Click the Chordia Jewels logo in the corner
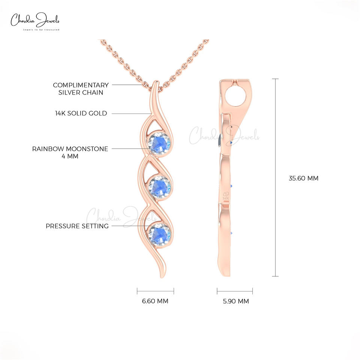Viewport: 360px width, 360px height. click(35, 20)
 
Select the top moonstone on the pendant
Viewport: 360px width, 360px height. click(159, 143)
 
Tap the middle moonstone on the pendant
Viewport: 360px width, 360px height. click(159, 186)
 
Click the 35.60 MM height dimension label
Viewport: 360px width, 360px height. click(303, 178)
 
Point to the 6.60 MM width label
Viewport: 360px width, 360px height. click(155, 301)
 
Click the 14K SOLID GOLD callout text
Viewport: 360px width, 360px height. click(81, 113)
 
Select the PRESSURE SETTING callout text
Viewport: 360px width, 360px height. click(77, 226)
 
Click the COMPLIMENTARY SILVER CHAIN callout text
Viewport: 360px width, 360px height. click(81, 88)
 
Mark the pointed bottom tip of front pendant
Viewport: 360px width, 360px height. click(162, 277)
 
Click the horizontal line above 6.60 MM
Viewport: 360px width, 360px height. click(155, 291)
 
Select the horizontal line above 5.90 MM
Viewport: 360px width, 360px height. click(235, 291)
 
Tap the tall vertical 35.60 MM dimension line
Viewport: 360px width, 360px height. click(276, 178)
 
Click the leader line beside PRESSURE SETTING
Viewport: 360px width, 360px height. click(127, 226)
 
